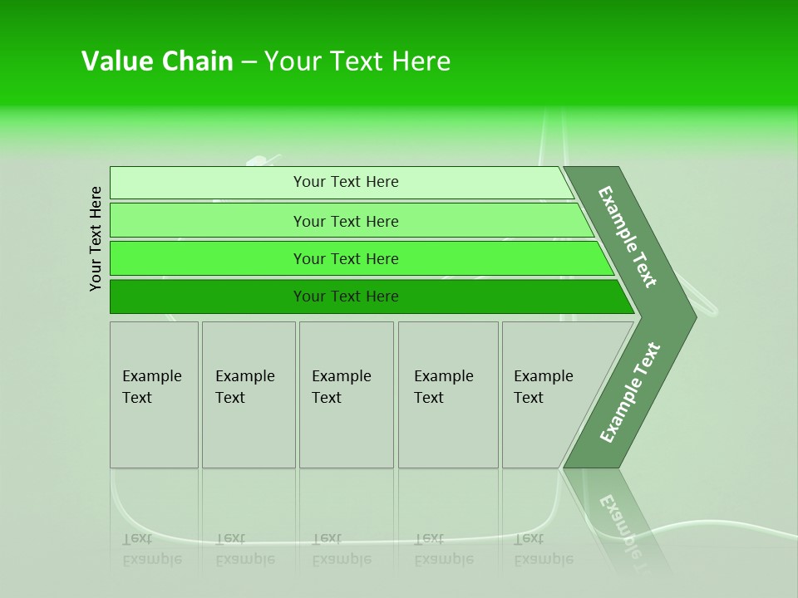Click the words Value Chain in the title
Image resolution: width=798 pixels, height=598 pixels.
157,61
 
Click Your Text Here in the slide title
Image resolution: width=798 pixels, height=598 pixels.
357,61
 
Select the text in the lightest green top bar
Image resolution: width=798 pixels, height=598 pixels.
346,182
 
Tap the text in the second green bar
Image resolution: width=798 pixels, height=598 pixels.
346,222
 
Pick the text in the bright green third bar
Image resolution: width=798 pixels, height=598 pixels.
346,259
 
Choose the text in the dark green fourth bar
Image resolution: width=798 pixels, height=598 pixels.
346,297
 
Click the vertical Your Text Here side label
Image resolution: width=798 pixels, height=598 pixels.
96,239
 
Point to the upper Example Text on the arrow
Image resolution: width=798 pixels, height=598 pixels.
628,237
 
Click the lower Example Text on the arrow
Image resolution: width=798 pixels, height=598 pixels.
629,393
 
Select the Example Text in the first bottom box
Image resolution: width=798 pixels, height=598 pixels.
151,387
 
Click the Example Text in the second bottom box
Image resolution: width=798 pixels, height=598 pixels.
244,387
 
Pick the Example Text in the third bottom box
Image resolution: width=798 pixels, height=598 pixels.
341,387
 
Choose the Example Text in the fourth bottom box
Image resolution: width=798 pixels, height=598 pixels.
443,387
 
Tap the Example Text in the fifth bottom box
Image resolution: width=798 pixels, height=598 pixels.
543,387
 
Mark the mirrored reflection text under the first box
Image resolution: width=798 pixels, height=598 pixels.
151,549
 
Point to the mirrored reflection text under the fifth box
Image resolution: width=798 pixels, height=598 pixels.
543,549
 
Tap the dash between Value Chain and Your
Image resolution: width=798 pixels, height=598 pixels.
249,62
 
